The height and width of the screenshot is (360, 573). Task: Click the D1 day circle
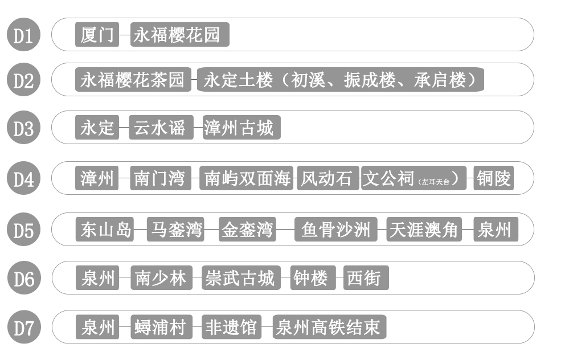pyautogui.click(x=23, y=35)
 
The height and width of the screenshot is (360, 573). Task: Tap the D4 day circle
pyautogui.click(x=23, y=179)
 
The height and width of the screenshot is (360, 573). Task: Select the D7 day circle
pyautogui.click(x=23, y=328)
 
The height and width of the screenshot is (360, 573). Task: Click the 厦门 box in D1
pyautogui.click(x=97, y=35)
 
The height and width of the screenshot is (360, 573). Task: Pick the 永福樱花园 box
pyautogui.click(x=179, y=35)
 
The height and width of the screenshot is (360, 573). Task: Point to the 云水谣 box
pyautogui.click(x=160, y=128)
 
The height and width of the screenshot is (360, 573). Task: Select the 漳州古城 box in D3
pyautogui.click(x=242, y=128)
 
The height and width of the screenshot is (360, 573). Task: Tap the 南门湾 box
pyautogui.click(x=160, y=179)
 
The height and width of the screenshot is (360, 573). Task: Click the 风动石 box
pyautogui.click(x=328, y=179)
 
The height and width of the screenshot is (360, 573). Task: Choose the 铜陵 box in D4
pyautogui.click(x=494, y=179)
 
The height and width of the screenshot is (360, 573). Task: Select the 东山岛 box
pyautogui.click(x=105, y=230)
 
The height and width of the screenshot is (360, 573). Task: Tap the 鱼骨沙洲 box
pyautogui.click(x=335, y=230)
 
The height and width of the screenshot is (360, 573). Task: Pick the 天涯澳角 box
pyautogui.click(x=423, y=230)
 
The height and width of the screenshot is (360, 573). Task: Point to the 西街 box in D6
pyautogui.click(x=366, y=279)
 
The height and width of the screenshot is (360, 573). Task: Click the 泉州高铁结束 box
pyautogui.click(x=329, y=328)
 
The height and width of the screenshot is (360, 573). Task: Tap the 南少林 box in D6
pyautogui.click(x=161, y=279)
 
